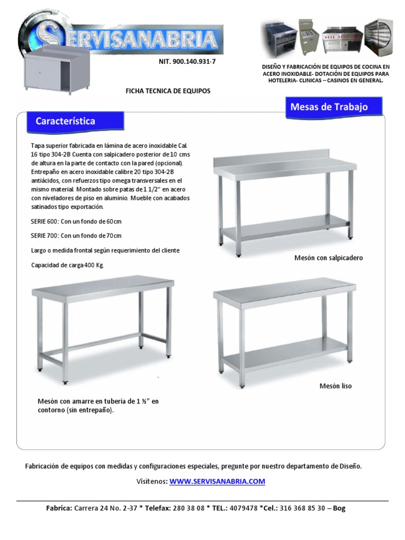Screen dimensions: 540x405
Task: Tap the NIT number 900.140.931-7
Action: tap(187, 62)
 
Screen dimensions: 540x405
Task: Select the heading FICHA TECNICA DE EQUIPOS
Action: tap(168, 91)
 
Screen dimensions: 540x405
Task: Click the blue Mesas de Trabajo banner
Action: tap(329, 107)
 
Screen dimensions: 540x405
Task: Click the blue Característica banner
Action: tap(65, 121)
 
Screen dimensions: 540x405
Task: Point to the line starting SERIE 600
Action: tap(76, 221)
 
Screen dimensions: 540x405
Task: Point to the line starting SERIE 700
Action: tap(76, 236)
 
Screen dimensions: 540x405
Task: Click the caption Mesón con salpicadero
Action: tap(329, 258)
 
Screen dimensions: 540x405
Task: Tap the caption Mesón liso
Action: tap(335, 386)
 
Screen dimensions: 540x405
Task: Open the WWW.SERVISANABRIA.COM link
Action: tap(217, 481)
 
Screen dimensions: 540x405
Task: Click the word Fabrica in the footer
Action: tap(59, 508)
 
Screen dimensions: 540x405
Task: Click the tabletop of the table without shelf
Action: tap(103, 286)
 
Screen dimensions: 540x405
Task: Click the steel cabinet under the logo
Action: tap(55, 71)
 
